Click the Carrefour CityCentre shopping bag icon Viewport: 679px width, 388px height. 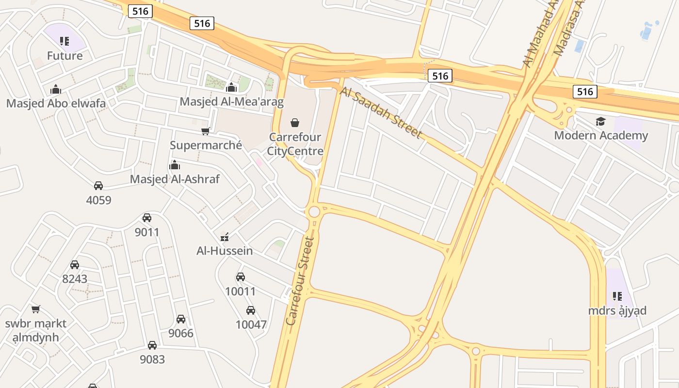click(x=295, y=123)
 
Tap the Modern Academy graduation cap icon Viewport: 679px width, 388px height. click(x=600, y=121)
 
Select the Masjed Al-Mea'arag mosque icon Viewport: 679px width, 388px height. click(x=231, y=87)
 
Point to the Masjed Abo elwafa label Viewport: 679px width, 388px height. click(x=56, y=103)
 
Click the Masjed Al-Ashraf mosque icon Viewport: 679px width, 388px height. click(x=175, y=165)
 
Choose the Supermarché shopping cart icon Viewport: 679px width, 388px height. click(x=206, y=131)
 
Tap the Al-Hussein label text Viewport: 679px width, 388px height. click(x=225, y=251)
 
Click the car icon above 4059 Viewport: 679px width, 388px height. click(x=98, y=185)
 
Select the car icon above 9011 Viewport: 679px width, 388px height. click(x=147, y=218)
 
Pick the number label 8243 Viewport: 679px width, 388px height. click(x=75, y=279)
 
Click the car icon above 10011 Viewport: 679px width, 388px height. click(x=241, y=277)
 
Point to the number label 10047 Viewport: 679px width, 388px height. click(x=251, y=324)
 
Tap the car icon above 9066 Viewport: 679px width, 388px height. click(x=181, y=319)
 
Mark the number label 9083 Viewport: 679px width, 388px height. click(x=152, y=359)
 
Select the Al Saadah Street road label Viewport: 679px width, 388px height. click(x=381, y=113)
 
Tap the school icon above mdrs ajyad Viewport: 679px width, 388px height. click(x=617, y=296)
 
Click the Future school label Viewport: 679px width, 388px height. click(x=65, y=56)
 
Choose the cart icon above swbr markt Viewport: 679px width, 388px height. click(x=35, y=309)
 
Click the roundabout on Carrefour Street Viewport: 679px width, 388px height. click(x=314, y=211)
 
